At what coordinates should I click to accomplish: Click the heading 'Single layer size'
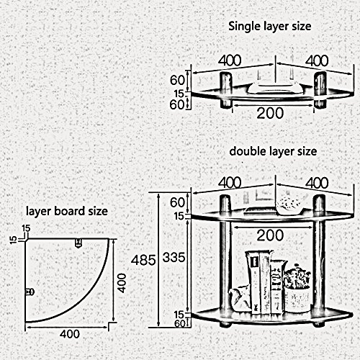(x=270, y=27)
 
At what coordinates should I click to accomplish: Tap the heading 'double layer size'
(x=273, y=151)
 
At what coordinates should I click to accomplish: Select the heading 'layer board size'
(x=67, y=211)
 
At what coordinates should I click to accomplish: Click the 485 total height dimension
(x=143, y=260)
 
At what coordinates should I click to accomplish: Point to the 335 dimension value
(x=174, y=258)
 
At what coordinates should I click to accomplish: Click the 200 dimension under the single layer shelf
(x=270, y=113)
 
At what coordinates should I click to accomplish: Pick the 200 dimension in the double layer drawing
(x=270, y=235)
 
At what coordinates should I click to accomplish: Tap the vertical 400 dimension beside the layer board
(x=122, y=283)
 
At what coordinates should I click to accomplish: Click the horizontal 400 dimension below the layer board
(x=70, y=334)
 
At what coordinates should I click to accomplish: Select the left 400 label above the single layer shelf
(x=230, y=60)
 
